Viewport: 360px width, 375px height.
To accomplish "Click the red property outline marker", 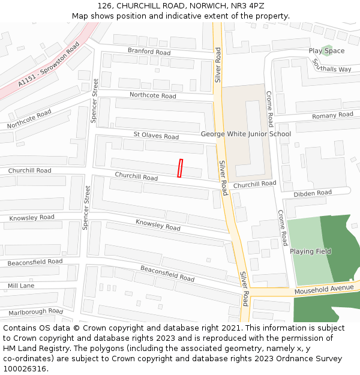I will (180, 168).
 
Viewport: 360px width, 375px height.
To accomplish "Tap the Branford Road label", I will (149, 52).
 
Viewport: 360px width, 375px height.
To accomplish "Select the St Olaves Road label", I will (156, 136).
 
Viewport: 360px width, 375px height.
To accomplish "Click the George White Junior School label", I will (246, 134).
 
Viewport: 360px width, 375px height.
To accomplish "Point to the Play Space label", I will (326, 51).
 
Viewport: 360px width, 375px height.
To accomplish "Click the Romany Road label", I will (332, 115).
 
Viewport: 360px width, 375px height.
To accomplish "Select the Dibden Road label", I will (312, 193).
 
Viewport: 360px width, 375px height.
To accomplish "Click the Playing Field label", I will (310, 251).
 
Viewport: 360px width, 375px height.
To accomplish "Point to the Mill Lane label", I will (20, 286).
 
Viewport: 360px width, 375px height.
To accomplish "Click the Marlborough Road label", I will (35, 312).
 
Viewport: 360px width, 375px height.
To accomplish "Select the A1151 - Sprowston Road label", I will (49, 65).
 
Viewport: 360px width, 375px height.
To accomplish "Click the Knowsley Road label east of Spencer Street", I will (158, 225).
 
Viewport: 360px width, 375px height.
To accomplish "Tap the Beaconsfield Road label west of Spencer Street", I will (35, 262).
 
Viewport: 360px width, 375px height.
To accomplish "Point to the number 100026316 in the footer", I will (25, 368).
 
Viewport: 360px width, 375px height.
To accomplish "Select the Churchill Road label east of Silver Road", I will (254, 184).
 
